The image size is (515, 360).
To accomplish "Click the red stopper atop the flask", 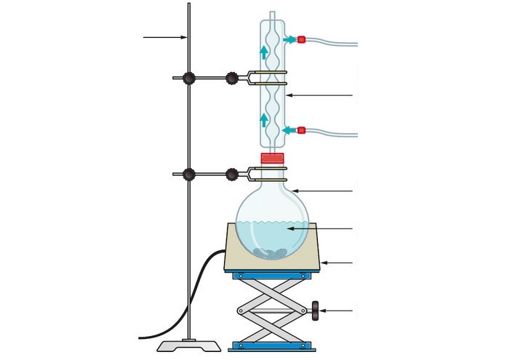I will pos(272,158).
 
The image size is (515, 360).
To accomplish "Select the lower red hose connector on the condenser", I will pos(301,130).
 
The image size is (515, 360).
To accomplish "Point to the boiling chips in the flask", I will pos(271,252).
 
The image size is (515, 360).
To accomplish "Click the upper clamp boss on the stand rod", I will pos(189,77).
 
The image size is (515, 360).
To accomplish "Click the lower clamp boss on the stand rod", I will pos(189,174).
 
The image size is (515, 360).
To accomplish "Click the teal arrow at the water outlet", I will pos(289,39).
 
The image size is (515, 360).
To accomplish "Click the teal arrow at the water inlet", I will pos(289,130).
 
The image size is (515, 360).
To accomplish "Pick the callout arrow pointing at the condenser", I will pos(320,95).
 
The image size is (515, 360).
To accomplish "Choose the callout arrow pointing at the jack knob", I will pos(339,311).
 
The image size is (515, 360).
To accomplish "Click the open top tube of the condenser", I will pos(272,14).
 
